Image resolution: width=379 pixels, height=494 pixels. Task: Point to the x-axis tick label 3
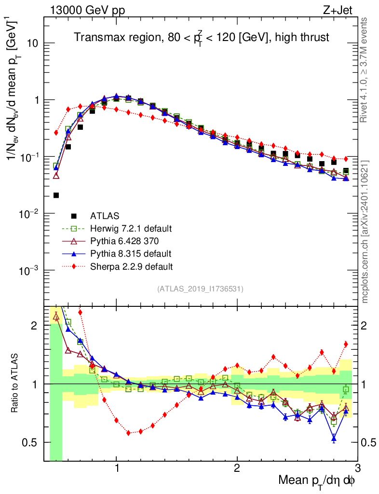click(x=357, y=469)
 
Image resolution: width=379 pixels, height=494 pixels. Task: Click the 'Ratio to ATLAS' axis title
click(x=16, y=384)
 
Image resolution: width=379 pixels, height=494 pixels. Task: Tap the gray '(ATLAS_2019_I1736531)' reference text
click(x=200, y=289)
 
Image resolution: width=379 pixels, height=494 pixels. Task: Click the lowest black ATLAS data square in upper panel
click(x=56, y=195)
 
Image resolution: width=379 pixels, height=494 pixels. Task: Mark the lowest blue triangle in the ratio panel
click(x=334, y=439)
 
